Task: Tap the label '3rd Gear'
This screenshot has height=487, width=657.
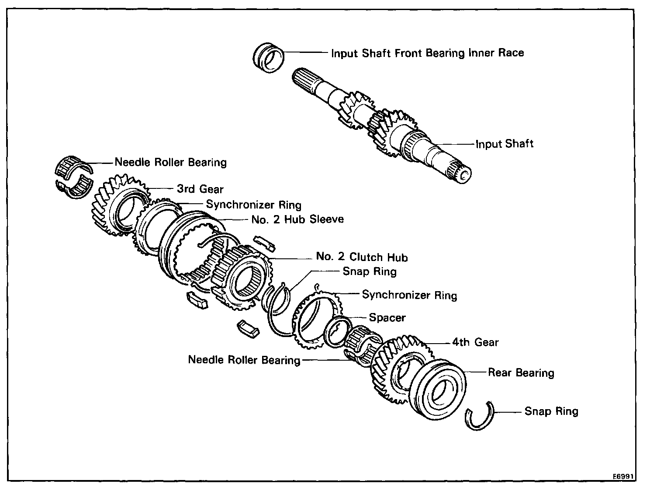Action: point(200,189)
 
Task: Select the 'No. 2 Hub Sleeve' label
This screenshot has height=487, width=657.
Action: point(297,219)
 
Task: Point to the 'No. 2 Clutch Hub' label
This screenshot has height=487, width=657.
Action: point(362,257)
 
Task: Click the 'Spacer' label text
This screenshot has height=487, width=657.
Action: point(387,317)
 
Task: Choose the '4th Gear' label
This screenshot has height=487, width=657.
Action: point(475,342)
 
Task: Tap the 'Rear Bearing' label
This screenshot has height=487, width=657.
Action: point(521,372)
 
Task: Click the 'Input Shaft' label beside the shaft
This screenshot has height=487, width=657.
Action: point(505,144)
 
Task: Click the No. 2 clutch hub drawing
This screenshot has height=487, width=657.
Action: point(242,278)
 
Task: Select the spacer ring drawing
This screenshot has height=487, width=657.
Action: point(337,331)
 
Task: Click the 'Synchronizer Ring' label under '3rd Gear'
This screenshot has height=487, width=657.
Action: point(253,204)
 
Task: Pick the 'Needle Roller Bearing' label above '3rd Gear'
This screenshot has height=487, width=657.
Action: point(170,163)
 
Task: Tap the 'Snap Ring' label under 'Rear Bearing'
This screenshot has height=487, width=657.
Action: point(551,411)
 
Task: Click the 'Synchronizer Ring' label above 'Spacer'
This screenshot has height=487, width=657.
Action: point(409,295)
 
